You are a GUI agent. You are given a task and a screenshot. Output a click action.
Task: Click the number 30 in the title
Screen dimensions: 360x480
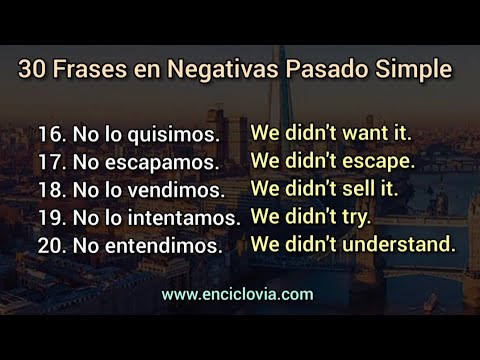[31, 70]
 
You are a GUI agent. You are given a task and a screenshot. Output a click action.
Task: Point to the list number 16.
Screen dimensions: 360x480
[50, 133]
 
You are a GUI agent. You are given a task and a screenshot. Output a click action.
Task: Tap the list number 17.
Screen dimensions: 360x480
[50, 161]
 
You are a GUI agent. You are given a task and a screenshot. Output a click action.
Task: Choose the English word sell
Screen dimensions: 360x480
[362, 188]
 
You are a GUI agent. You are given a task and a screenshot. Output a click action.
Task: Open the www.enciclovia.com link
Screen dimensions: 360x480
[237, 294]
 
